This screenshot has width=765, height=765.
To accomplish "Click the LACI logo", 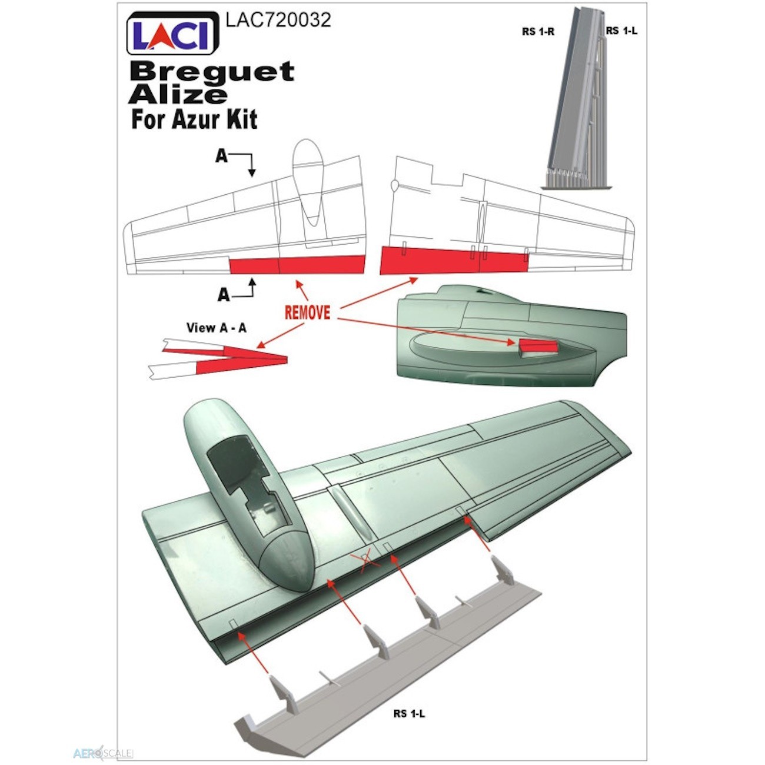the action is tap(172, 33).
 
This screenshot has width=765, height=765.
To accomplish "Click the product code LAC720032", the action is tap(278, 20).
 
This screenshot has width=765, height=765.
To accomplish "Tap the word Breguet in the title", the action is tap(212, 72).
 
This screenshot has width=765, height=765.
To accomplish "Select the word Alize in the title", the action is tap(178, 95).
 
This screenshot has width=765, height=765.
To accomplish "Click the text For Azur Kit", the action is tap(194, 119).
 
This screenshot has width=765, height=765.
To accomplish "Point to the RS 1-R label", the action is tap(538, 32).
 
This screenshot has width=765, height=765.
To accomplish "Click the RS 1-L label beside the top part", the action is tap(621, 31).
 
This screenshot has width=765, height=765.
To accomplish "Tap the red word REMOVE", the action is tap(307, 312).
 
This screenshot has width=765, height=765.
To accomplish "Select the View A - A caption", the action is tap(217, 328).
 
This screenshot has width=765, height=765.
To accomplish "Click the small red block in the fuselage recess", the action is tap(538, 346).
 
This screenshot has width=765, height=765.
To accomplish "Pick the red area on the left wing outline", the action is tap(297, 264).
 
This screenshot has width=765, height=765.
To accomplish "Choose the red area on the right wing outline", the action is tap(454, 261).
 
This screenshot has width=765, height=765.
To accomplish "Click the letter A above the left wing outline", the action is tap(221, 156).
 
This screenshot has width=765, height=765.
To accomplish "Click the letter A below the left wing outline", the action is tap(224, 295).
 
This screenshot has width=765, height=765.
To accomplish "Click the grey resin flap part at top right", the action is tap(578, 99).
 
